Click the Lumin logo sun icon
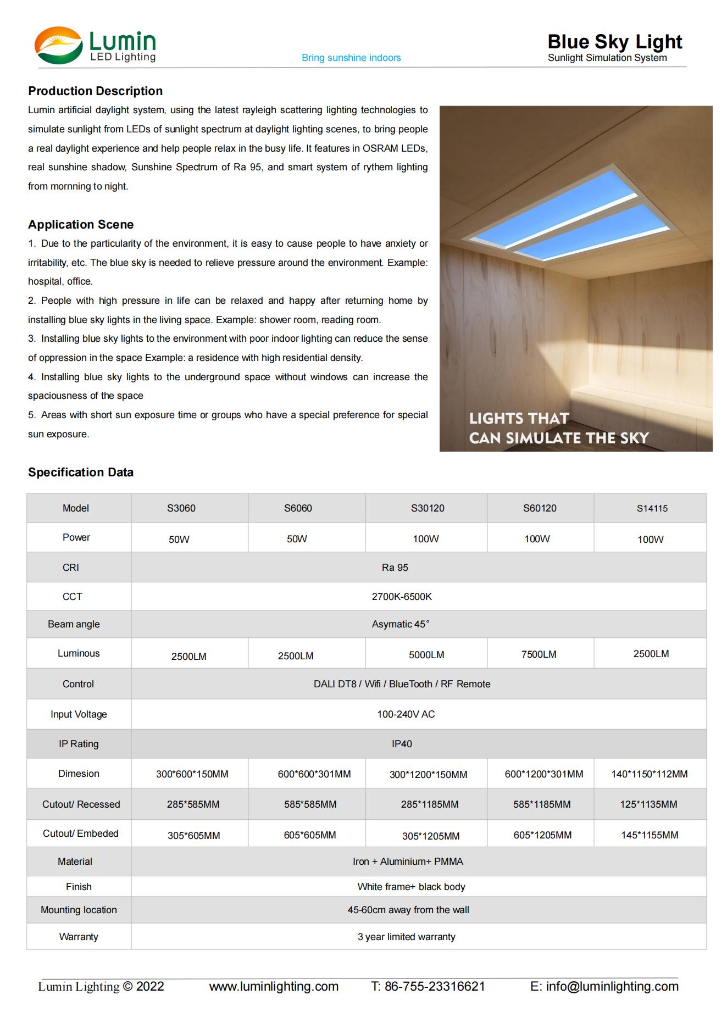click(58, 46)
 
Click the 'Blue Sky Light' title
click(614, 42)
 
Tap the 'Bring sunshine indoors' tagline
click(351, 58)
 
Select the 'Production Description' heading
click(95, 91)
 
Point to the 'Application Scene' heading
click(81, 225)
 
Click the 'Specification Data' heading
click(81, 473)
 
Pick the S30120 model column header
click(428, 508)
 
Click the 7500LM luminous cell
click(539, 654)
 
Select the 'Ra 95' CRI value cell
click(395, 568)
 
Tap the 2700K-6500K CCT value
click(402, 597)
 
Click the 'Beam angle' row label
click(74, 624)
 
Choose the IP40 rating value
click(402, 744)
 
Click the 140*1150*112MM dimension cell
click(649, 774)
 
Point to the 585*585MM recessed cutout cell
click(310, 804)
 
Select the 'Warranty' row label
click(79, 937)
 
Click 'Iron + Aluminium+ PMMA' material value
click(408, 862)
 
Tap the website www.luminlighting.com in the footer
click(274, 986)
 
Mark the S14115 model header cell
click(652, 509)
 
